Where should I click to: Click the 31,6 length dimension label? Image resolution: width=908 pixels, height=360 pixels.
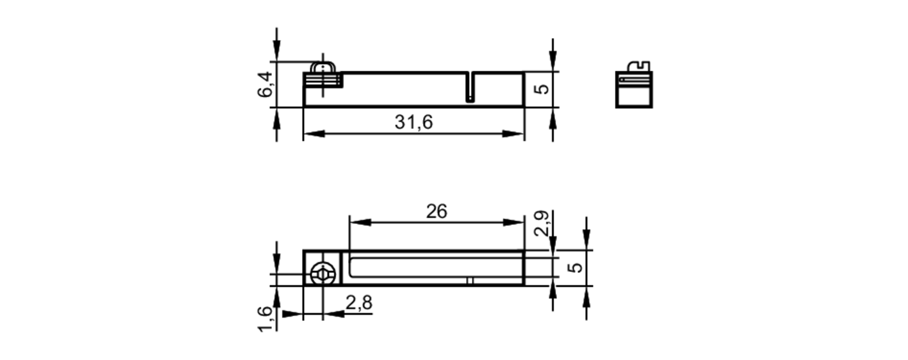coord(414,122)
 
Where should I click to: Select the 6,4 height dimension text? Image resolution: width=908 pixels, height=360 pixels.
coord(265,84)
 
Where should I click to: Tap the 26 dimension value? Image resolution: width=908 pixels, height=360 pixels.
coord(436,212)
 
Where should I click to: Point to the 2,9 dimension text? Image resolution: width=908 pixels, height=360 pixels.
coord(542,223)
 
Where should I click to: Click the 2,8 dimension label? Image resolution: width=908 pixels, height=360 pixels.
coord(359,302)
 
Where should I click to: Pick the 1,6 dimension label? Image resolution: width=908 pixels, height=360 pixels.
coord(265,319)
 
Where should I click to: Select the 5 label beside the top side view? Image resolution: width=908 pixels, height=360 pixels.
coord(542,89)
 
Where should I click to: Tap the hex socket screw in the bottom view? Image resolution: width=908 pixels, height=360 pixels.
coord(322,274)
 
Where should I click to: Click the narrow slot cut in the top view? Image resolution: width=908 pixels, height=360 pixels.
coord(470,87)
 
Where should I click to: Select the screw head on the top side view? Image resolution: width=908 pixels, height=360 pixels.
coord(323,68)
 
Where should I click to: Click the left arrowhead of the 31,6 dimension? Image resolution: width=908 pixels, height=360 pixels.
coord(314,134)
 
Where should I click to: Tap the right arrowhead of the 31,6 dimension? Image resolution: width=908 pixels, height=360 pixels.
coord(513,134)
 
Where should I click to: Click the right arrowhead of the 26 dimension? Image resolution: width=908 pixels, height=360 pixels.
coord(513,222)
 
